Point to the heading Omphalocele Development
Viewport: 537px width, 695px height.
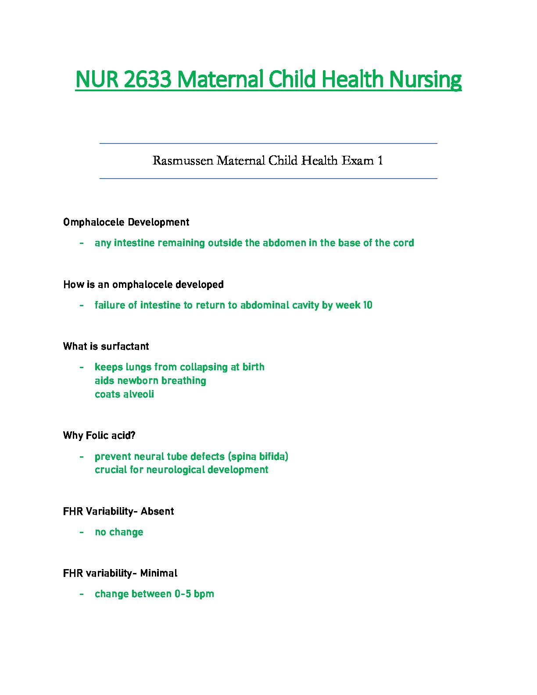pyautogui.click(x=126, y=222)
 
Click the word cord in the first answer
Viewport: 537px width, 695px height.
pyautogui.click(x=404, y=243)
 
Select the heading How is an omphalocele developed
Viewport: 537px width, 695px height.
pyautogui.click(x=143, y=285)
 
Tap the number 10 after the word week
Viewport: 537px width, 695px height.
pyautogui.click(x=367, y=305)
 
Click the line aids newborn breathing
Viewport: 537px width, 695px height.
pyautogui.click(x=150, y=381)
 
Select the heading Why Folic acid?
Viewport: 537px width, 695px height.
pyautogui.click(x=100, y=436)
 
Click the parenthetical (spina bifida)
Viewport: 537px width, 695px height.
pyautogui.click(x=258, y=457)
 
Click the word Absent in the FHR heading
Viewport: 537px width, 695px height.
pyautogui.click(x=157, y=512)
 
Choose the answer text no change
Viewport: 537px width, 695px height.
pyautogui.click(x=119, y=532)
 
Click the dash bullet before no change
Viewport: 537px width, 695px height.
pyautogui.click(x=82, y=532)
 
